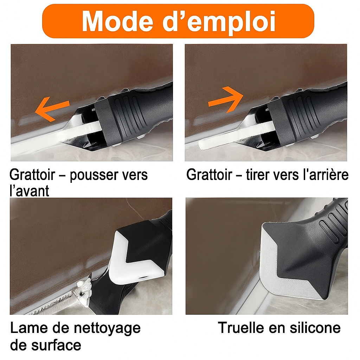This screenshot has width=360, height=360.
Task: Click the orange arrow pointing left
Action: [x=52, y=109]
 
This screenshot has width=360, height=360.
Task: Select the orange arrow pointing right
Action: [x=226, y=99]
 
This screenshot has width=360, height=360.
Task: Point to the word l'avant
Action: [x=30, y=191]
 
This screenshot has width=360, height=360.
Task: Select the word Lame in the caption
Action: [x=28, y=328]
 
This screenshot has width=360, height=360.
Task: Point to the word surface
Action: [x=56, y=345]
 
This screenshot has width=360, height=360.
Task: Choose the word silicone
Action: [x=315, y=328]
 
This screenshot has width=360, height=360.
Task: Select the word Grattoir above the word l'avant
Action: [x=32, y=175]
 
